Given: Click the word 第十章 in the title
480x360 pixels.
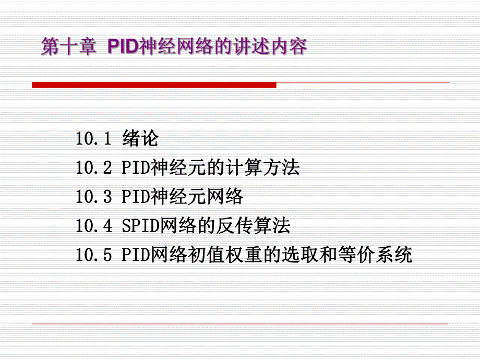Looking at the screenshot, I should click(x=68, y=47).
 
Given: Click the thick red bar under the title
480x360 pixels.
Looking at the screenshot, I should click(x=154, y=85).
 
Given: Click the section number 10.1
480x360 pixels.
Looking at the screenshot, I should click(x=93, y=139).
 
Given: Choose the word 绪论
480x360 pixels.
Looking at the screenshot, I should click(x=140, y=139).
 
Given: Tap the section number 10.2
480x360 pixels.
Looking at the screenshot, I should click(x=93, y=168).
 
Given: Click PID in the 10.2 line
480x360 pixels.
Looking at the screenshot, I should click(x=136, y=168).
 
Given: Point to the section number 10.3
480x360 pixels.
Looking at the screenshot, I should click(x=93, y=197).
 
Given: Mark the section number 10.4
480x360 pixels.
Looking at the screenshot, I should click(x=93, y=226).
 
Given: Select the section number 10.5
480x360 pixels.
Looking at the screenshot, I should click(x=93, y=256).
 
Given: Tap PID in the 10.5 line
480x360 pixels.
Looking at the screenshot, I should click(x=136, y=256).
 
